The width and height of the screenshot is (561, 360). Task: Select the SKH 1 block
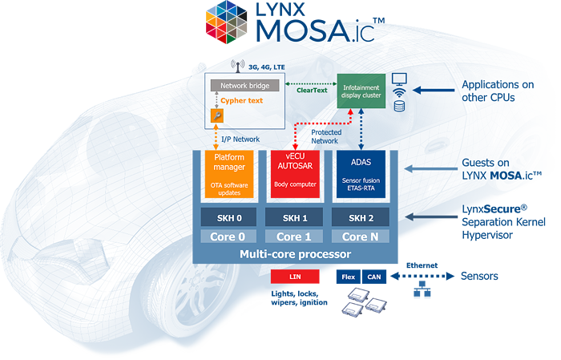click(x=294, y=218)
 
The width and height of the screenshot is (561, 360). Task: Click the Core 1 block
click(x=294, y=237)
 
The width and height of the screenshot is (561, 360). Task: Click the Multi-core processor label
click(x=295, y=255)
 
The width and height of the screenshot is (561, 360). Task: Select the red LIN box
click(x=296, y=277)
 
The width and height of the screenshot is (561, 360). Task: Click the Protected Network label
click(x=325, y=136)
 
